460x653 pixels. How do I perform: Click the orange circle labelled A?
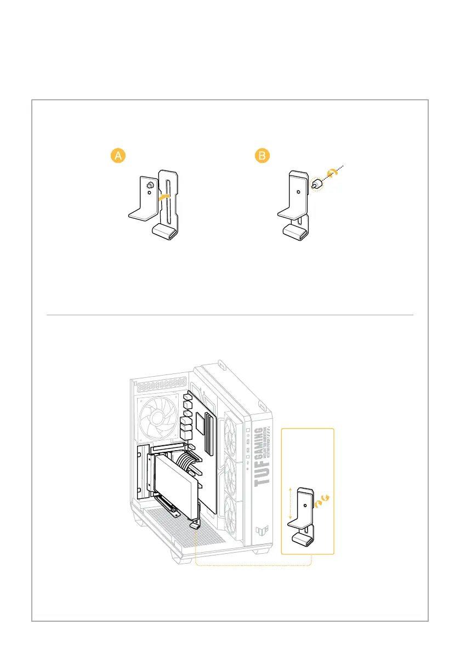117,156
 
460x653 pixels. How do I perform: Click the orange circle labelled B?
263,156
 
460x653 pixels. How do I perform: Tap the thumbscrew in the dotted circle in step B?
317,184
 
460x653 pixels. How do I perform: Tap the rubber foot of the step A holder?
164,232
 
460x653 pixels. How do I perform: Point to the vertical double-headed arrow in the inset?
289,505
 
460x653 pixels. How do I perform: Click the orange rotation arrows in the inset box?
321,501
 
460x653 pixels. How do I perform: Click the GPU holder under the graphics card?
195,524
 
